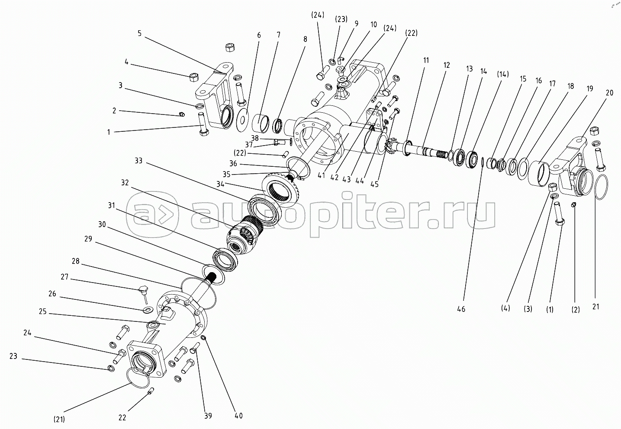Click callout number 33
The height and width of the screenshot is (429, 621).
[138, 161]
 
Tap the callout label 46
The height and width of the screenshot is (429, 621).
[461, 309]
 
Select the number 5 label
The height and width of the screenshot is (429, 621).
[139, 34]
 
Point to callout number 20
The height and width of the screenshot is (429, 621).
[609, 93]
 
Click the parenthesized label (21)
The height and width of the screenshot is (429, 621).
[59, 419]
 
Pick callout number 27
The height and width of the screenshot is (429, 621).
[64, 277]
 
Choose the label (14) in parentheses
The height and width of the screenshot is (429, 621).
[502, 74]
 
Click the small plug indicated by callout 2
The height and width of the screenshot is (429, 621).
[182, 114]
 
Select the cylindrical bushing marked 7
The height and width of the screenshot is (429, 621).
[261, 124]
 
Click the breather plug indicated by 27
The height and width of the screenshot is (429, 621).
[144, 294]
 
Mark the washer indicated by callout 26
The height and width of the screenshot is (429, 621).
[149, 309]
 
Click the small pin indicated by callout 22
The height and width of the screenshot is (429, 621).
[151, 391]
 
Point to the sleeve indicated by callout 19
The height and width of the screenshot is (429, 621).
[538, 175]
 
